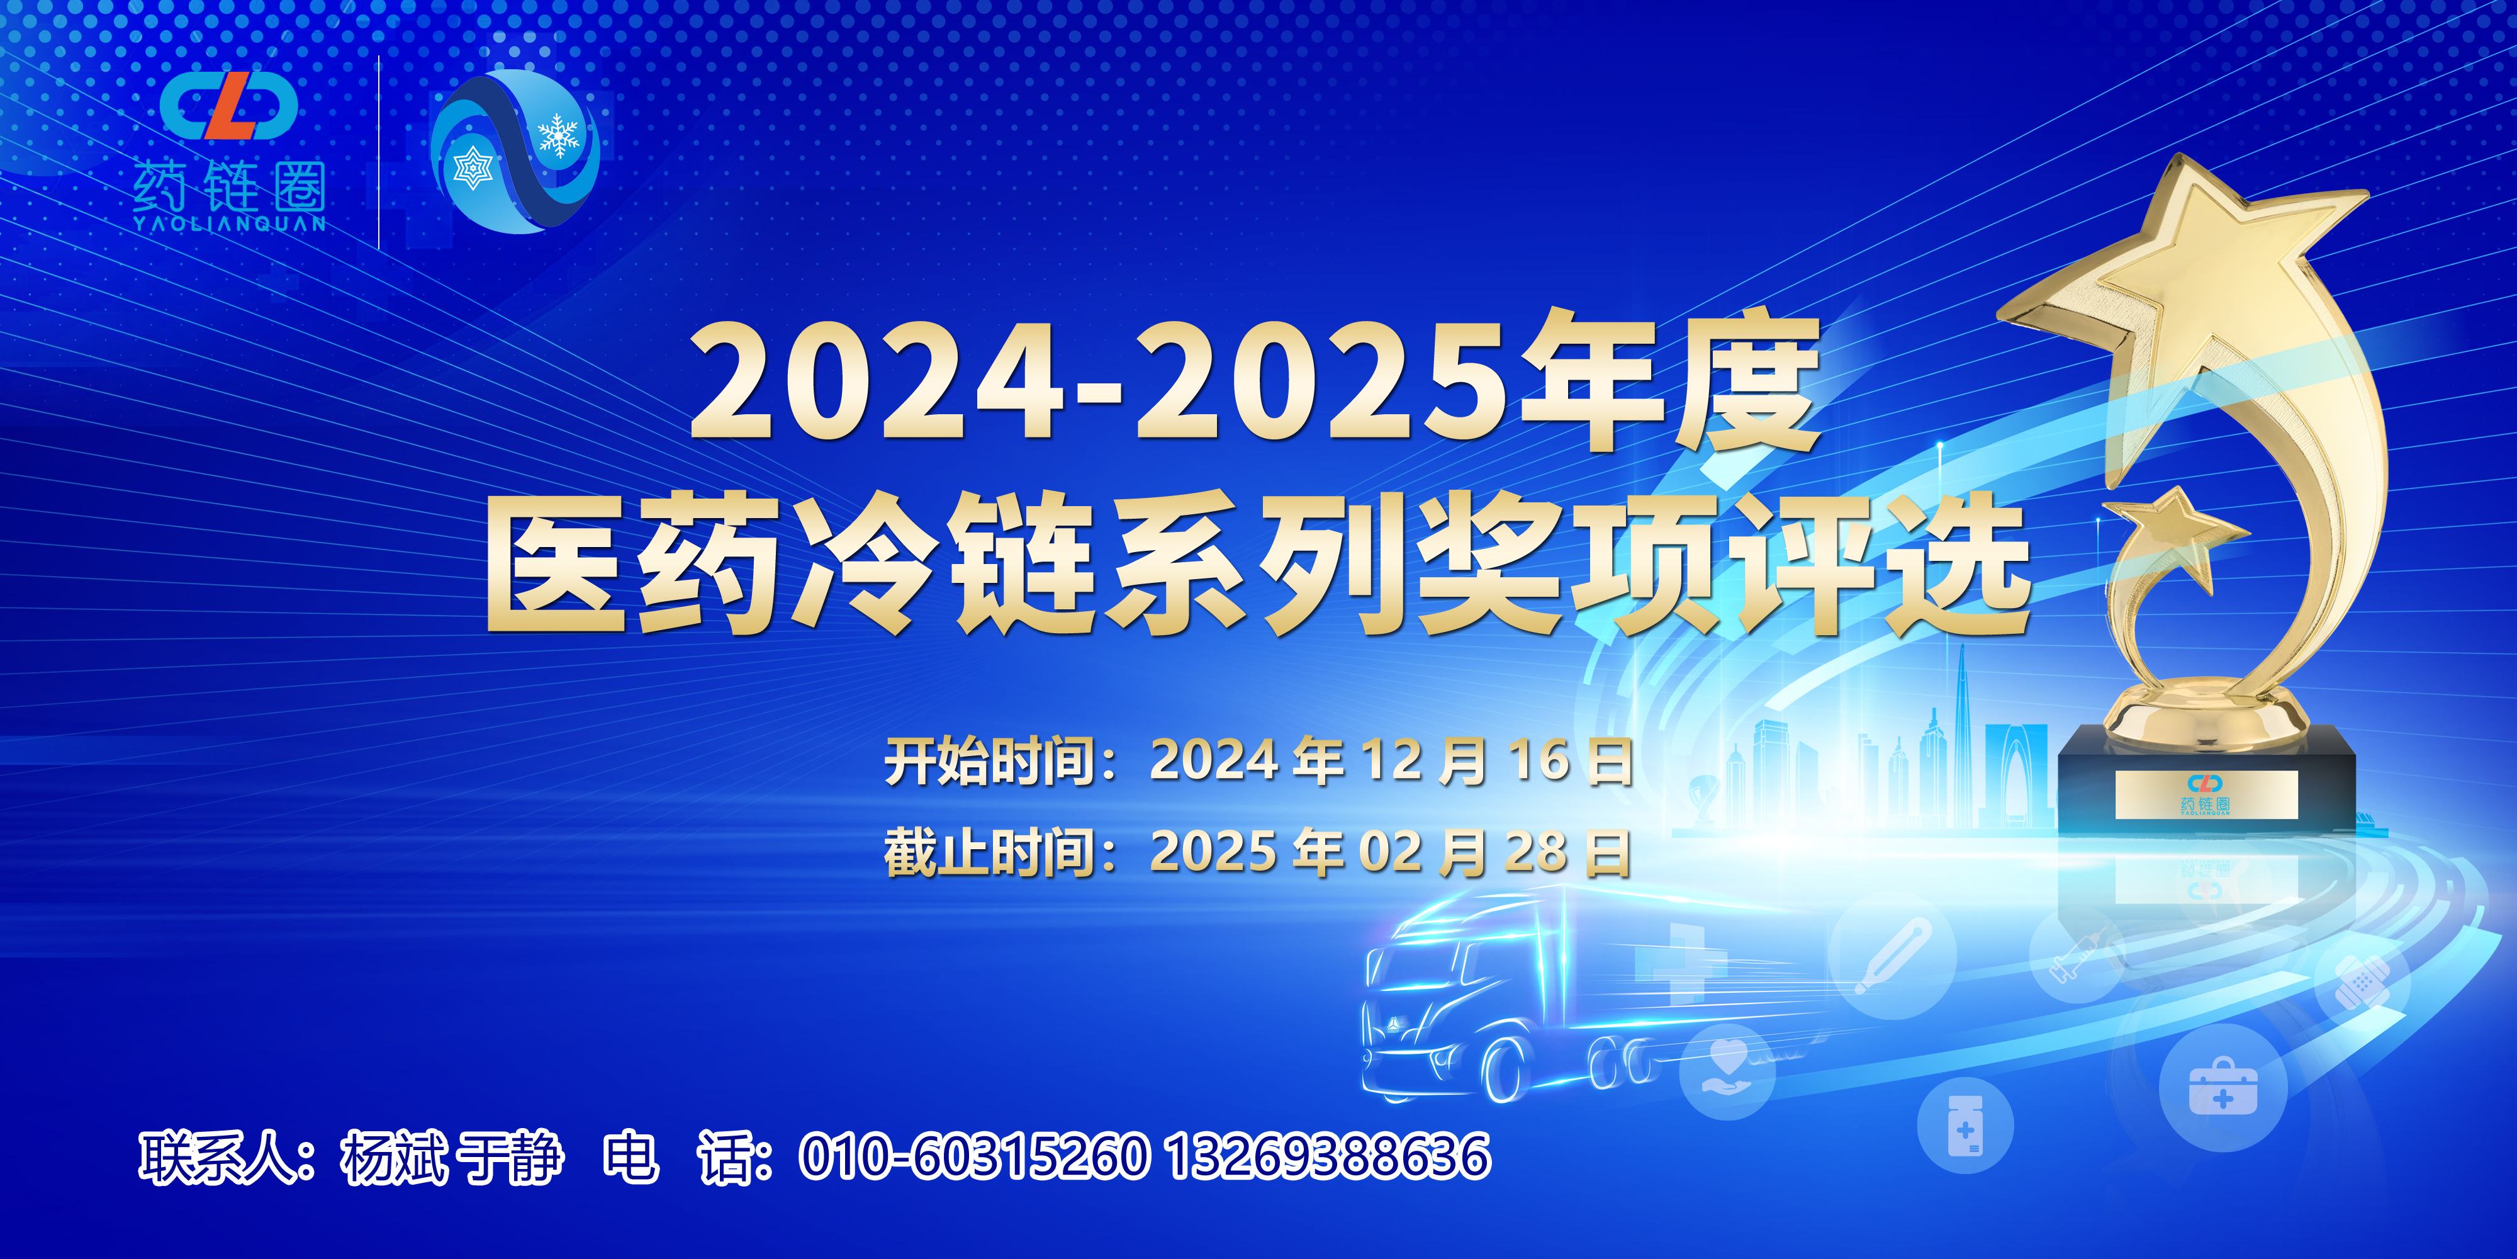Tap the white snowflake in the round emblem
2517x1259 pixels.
click(558, 136)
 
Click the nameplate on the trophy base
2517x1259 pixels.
click(2206, 794)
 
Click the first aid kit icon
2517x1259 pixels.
click(2222, 1087)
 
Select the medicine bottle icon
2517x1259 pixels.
click(1965, 1126)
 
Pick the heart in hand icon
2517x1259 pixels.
click(1727, 1070)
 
